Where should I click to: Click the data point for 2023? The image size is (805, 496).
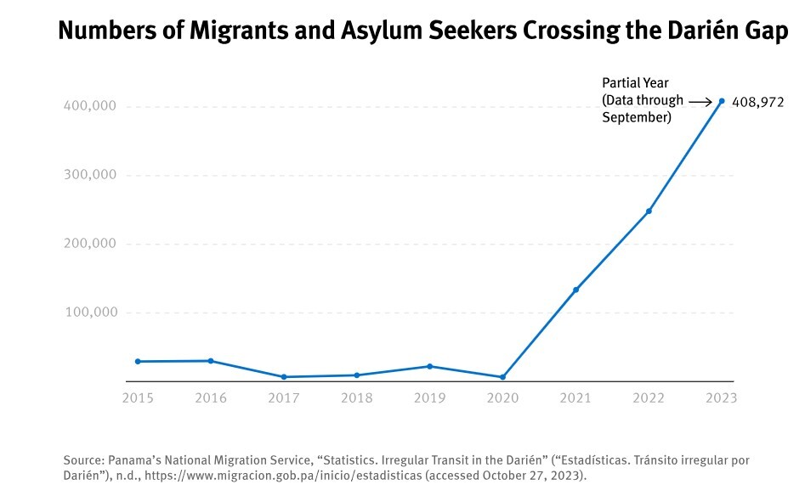[722, 101]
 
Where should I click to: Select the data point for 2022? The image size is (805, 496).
[649, 211]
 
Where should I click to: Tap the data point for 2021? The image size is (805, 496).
[575, 290]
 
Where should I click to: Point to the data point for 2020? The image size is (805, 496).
[502, 377]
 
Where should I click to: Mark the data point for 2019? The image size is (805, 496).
[429, 366]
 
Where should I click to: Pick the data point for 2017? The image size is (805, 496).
[283, 377]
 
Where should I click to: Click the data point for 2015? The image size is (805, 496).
[138, 362]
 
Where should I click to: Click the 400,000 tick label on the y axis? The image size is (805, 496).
[89, 106]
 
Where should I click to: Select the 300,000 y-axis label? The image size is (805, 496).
[89, 175]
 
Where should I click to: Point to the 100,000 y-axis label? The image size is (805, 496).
[89, 313]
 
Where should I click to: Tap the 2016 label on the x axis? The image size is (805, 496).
[211, 397]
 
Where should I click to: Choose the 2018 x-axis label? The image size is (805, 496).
[356, 397]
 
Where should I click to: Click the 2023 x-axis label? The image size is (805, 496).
[721, 397]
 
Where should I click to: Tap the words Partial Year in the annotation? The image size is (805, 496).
[635, 83]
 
